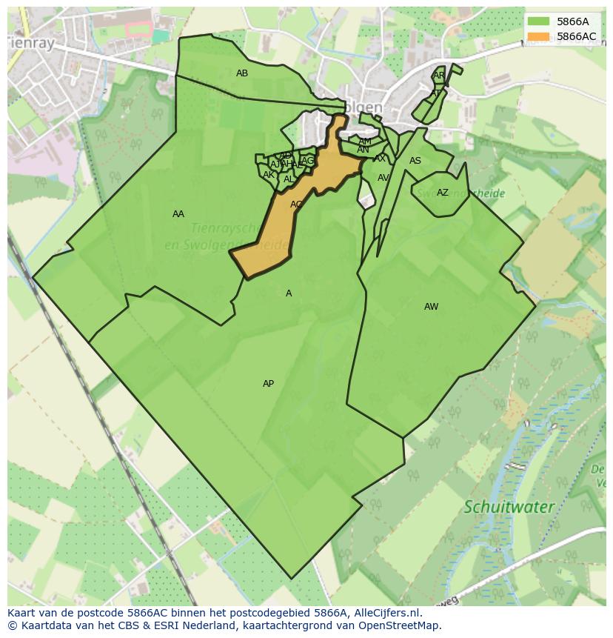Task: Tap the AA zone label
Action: [178, 214]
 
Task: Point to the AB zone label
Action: [242, 73]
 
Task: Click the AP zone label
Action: [269, 384]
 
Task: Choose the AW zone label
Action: [431, 307]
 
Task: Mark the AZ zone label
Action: [443, 193]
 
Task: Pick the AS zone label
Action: [415, 161]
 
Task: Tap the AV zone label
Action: [383, 178]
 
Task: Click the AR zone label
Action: [439, 76]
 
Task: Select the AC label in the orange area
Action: [296, 205]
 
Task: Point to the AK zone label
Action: [269, 175]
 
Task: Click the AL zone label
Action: [289, 179]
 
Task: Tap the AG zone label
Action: [308, 161]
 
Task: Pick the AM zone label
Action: [365, 142]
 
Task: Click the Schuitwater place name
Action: [509, 508]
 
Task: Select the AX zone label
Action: [380, 159]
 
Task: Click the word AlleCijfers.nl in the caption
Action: [386, 613]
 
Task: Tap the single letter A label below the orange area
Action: [289, 293]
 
